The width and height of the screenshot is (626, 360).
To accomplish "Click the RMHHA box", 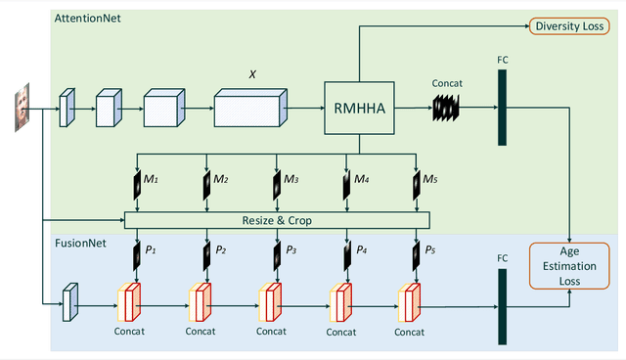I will pyautogui.click(x=358, y=109).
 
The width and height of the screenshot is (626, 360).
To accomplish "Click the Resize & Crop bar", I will pyautogui.click(x=278, y=220).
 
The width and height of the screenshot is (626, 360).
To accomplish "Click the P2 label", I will pyautogui.click(x=221, y=250).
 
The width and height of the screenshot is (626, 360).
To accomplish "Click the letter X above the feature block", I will pyautogui.click(x=252, y=72).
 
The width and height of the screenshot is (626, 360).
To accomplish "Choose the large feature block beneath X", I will pyautogui.click(x=248, y=109).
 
